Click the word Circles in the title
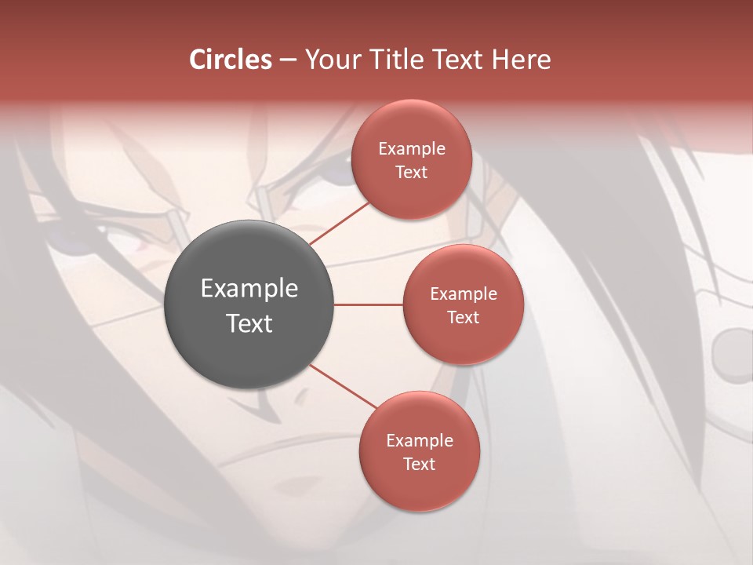[x=231, y=60]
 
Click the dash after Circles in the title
[x=287, y=60]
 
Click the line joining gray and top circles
[x=340, y=223]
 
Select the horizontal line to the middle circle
[x=368, y=304]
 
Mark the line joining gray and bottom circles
[x=343, y=386]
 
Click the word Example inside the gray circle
[x=249, y=288]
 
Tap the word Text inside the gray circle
[x=249, y=323]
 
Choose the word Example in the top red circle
[x=411, y=148]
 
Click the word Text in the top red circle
[x=411, y=172]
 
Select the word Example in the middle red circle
[x=463, y=293]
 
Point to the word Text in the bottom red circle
[x=419, y=464]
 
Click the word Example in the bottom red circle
[x=419, y=440]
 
